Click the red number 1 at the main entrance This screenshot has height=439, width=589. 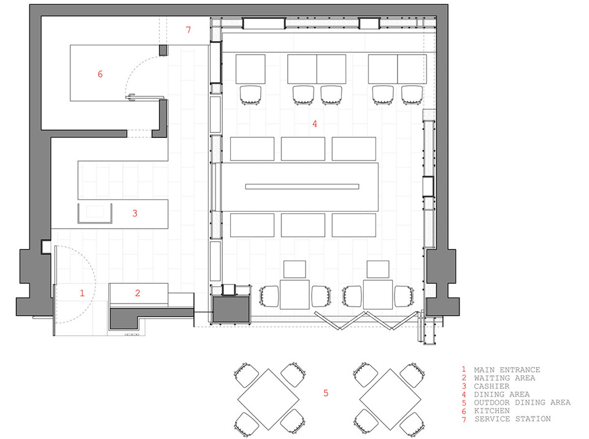coord(82,293)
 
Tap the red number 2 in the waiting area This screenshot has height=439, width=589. coord(137,293)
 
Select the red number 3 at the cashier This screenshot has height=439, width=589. coord(135,213)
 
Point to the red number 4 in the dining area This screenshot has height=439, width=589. coord(315,124)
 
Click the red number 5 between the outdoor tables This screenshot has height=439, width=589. coord(326,393)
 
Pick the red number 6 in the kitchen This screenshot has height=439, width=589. coord(100,74)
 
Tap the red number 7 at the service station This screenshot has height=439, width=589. coord(188,29)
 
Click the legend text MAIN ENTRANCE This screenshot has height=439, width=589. coord(507,370)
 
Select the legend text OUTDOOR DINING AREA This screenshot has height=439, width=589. coord(522,403)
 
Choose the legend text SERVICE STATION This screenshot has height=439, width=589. coord(513,419)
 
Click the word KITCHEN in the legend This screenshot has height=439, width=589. coord(491,411)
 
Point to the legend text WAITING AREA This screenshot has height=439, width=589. coord(504,378)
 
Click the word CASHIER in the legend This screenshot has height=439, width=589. coord(491,386)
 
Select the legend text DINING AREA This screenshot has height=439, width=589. coord(502,394)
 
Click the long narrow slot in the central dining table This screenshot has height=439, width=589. coord(302,186)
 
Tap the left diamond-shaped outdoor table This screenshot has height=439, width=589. coord(268,399)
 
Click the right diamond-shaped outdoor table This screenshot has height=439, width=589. coord(390,399)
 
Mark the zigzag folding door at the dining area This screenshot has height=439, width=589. coord(366,321)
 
